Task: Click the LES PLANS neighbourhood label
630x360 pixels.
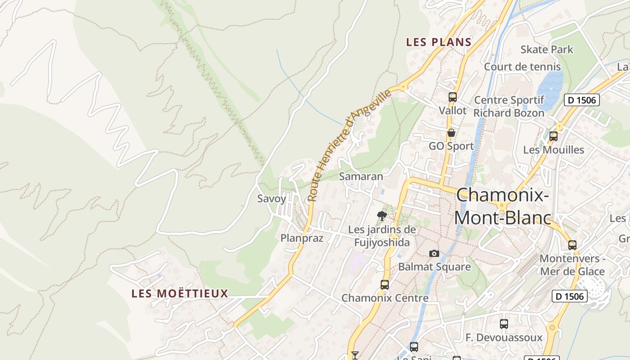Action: coord(439,42)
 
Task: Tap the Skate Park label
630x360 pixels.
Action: coord(547,49)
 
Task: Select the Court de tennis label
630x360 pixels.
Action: coord(522,67)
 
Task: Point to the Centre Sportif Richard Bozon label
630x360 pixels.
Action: coord(509,106)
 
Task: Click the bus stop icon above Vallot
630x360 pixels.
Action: coord(453,97)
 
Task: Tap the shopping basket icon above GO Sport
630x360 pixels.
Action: coord(451,133)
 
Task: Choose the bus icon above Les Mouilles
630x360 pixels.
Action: coord(553,136)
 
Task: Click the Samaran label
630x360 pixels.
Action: coord(361,176)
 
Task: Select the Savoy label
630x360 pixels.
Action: coord(271,198)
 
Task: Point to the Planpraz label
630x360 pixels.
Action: coord(302,238)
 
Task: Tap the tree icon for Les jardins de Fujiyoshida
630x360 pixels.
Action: coord(382,216)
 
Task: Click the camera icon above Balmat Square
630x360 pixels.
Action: coord(434,253)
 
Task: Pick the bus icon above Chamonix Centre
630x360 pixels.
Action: coord(385,284)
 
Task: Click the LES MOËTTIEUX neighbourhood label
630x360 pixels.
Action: coord(180,294)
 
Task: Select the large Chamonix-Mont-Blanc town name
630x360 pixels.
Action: coord(503,207)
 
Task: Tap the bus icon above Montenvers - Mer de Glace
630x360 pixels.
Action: coord(572,245)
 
